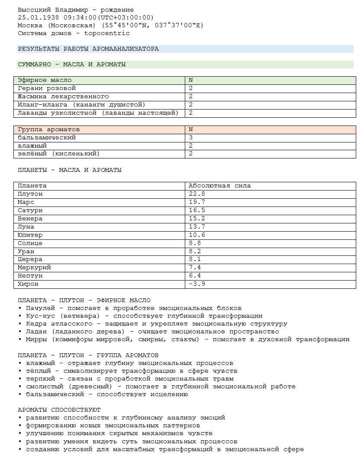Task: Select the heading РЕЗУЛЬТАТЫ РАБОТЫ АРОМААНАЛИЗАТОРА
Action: click(x=88, y=49)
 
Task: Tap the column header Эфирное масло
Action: click(x=45, y=80)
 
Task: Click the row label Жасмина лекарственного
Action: click(x=63, y=97)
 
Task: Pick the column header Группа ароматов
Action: click(x=48, y=129)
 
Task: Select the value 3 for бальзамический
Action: click(x=191, y=138)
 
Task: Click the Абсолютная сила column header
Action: click(x=219, y=186)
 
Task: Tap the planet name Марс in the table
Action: click(x=26, y=202)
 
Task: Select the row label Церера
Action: click(x=30, y=259)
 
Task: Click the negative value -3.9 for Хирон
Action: click(x=197, y=284)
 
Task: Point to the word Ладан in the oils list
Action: click(x=36, y=332)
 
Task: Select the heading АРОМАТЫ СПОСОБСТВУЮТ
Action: click(x=59, y=410)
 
